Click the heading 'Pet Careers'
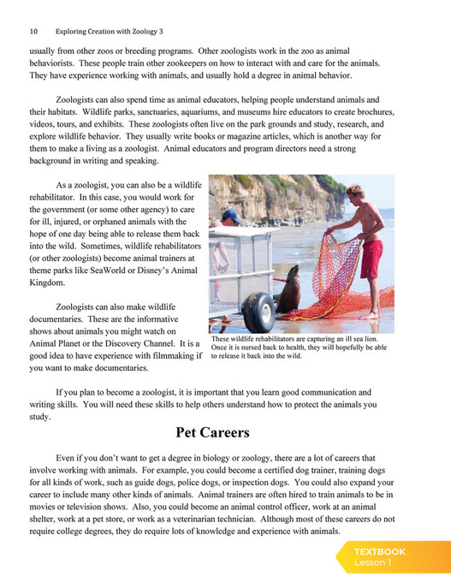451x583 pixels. [212, 432]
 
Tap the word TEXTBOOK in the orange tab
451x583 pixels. [380, 552]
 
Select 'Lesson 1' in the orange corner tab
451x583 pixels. [372, 563]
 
